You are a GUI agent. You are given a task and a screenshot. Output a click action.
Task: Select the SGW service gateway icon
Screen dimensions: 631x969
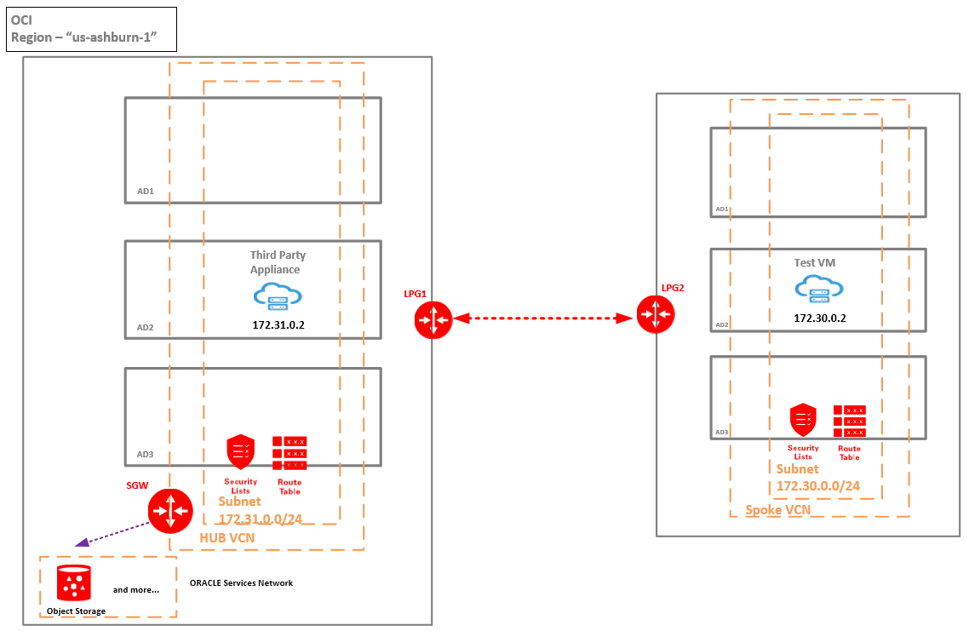tap(169, 511)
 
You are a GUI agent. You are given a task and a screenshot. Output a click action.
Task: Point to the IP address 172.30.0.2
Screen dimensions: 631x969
tap(819, 318)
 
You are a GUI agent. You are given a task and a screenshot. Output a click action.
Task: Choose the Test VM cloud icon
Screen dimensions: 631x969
tap(819, 290)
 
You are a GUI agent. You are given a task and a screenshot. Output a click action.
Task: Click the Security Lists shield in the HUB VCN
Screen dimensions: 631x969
tap(241, 451)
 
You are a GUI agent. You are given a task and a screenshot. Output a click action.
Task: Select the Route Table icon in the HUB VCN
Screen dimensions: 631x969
tap(290, 453)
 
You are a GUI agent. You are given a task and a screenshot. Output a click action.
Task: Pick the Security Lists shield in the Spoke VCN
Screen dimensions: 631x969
tap(803, 419)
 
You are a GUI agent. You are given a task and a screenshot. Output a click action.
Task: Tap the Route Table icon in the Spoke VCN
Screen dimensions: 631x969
tap(849, 422)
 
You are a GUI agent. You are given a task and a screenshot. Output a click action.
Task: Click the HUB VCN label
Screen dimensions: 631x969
tap(226, 538)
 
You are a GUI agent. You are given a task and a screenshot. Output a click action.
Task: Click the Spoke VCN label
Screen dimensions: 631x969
tap(777, 510)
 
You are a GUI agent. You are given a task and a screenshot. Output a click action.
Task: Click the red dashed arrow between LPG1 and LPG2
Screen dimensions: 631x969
tap(545, 318)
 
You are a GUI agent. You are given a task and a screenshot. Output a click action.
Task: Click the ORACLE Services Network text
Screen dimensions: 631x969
tap(241, 583)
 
